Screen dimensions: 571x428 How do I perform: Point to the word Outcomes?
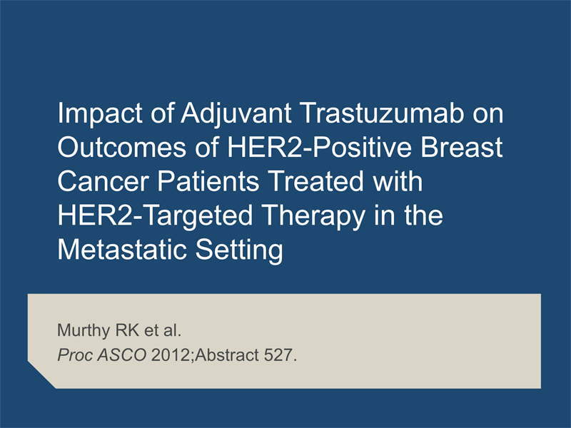click(x=121, y=148)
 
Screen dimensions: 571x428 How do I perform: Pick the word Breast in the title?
click(x=462, y=148)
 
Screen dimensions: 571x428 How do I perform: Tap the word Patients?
click(x=208, y=181)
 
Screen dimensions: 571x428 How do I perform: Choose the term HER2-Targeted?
click(x=155, y=216)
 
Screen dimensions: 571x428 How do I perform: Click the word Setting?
click(x=239, y=250)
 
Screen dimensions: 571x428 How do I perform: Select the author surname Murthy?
click(x=84, y=331)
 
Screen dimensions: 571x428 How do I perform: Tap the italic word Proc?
click(x=74, y=355)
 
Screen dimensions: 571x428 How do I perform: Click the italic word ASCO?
click(x=122, y=355)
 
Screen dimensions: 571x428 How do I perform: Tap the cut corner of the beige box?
click(x=41, y=375)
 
